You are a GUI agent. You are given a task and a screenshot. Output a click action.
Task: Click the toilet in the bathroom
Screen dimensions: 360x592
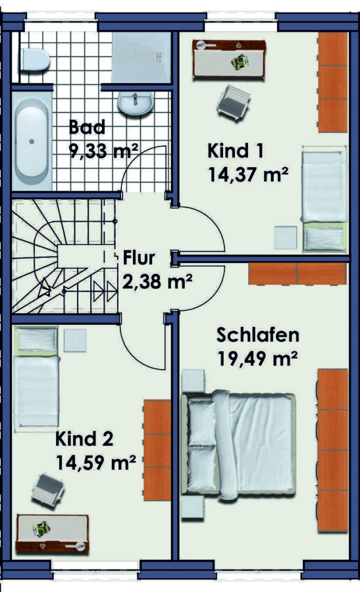[x=34, y=60]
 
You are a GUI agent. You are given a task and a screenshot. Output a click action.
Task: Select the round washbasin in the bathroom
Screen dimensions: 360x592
[x=135, y=103]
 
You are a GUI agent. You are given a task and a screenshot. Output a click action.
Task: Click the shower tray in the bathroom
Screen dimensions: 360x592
[x=141, y=57]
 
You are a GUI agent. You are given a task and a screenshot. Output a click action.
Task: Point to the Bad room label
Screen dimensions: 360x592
[x=87, y=127]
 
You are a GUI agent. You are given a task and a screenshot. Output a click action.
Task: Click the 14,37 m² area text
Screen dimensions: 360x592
[x=248, y=174]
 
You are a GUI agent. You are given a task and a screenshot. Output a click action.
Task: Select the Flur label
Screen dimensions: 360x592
[x=139, y=258]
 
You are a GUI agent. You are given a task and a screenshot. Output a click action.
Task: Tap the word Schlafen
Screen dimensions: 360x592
[x=257, y=335]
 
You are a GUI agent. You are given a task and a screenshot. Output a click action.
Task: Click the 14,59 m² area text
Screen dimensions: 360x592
[x=96, y=462]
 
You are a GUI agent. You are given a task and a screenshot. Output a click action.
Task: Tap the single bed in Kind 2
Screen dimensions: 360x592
[x=36, y=378]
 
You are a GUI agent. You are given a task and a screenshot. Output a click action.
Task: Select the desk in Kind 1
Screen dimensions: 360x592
[x=229, y=58]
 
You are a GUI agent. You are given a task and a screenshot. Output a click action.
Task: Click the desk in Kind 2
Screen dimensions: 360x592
[x=53, y=533]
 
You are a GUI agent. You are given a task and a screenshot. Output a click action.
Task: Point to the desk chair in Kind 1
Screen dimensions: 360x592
[x=233, y=101]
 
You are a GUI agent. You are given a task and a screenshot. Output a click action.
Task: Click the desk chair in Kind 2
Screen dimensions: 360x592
[x=47, y=489]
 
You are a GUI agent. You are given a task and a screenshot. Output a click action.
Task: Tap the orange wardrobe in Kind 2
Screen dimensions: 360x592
[x=157, y=450]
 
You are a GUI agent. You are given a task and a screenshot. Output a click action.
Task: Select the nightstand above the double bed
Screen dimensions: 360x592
[x=193, y=380]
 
